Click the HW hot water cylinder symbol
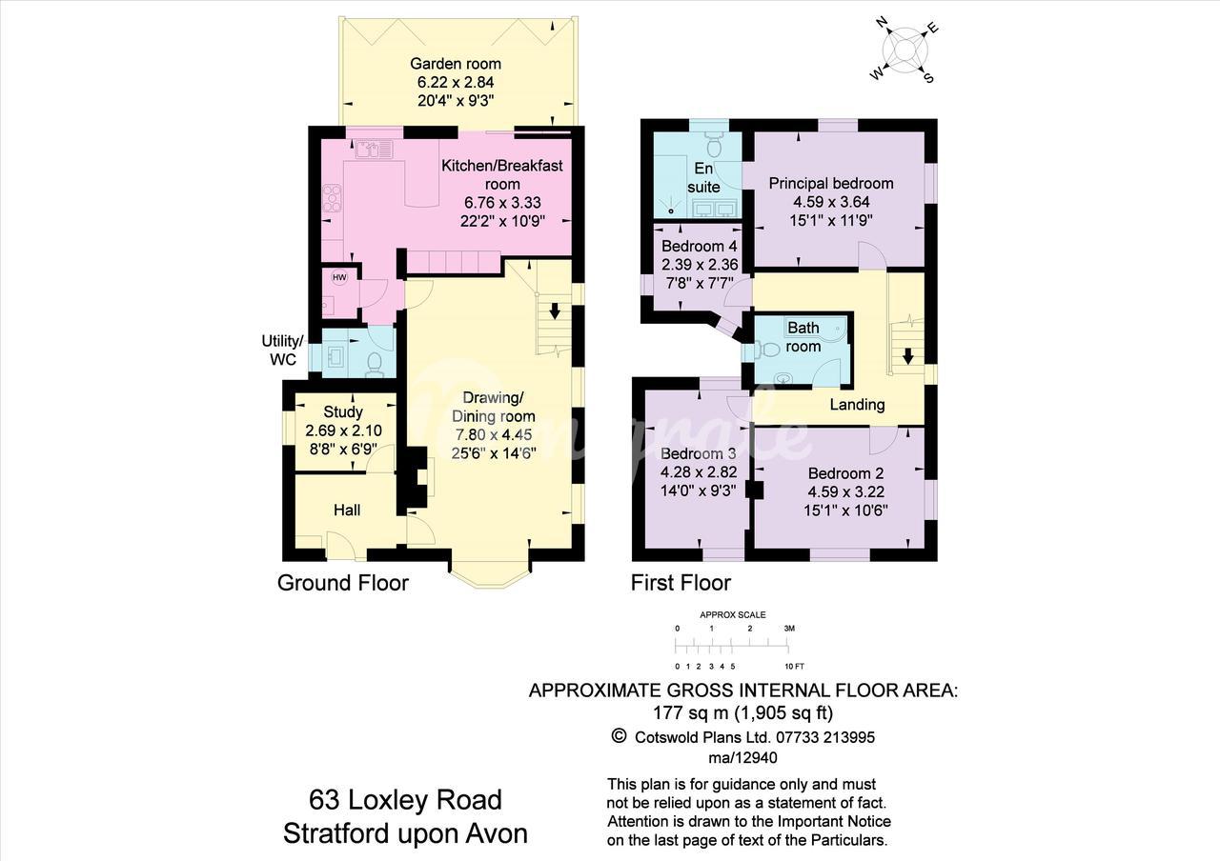point(339,277)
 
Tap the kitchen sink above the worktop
point(375,150)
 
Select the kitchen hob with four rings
point(332,198)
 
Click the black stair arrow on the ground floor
point(555,310)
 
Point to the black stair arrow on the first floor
point(907,356)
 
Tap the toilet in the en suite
point(713,144)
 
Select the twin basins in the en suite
point(716,208)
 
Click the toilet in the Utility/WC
point(375,364)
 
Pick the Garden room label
point(456,64)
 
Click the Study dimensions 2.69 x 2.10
point(343,430)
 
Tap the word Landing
point(857,405)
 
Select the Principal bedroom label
point(831,184)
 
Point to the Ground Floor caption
point(343,583)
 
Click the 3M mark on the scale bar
point(789,628)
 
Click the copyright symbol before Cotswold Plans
point(619,736)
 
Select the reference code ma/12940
point(742,757)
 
